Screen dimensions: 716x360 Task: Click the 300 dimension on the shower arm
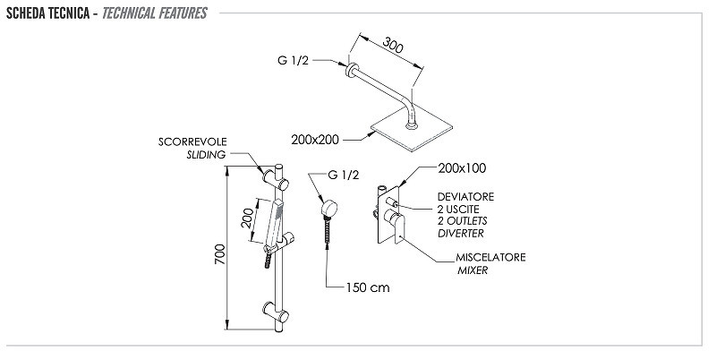coord(392,46)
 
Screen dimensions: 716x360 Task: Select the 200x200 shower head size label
coord(315,140)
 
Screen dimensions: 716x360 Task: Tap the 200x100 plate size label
coord(462,168)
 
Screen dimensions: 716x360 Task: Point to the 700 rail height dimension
coord(220,254)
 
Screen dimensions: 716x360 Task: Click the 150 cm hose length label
coord(368,287)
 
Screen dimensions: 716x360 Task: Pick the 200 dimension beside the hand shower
coord(248,218)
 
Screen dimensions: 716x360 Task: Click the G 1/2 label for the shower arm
coord(294,60)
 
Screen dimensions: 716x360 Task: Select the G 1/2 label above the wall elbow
coord(344,175)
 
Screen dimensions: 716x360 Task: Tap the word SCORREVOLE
coord(192,141)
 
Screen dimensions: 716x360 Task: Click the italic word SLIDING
coord(206,155)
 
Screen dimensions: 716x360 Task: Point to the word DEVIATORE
coord(465,197)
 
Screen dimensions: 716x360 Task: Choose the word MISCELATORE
coord(490,257)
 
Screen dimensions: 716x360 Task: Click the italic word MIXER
coord(473,270)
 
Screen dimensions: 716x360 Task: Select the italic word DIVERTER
coord(461,234)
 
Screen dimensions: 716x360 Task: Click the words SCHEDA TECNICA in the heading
coord(48,13)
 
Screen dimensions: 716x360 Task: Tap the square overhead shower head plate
coord(412,128)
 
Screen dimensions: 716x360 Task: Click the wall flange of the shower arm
coord(352,70)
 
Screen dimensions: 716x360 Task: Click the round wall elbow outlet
coord(328,209)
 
